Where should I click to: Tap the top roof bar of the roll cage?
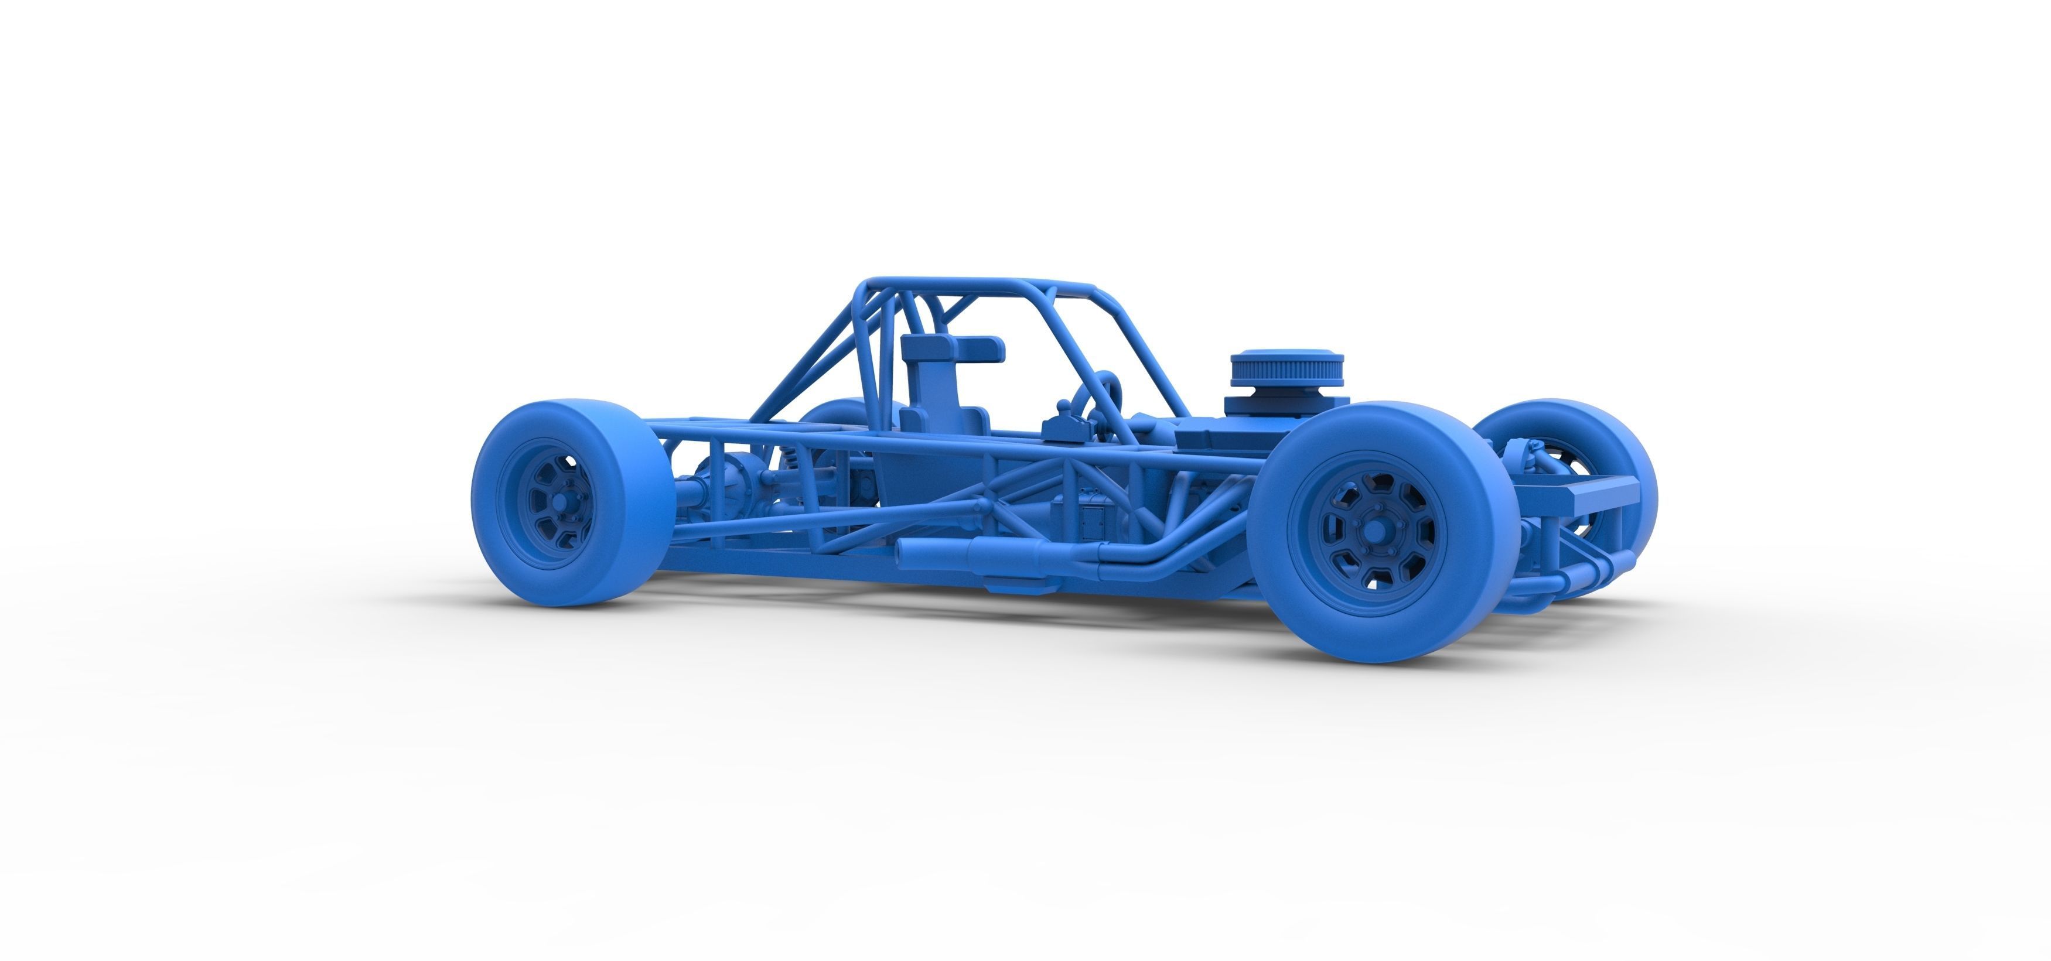(980, 284)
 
